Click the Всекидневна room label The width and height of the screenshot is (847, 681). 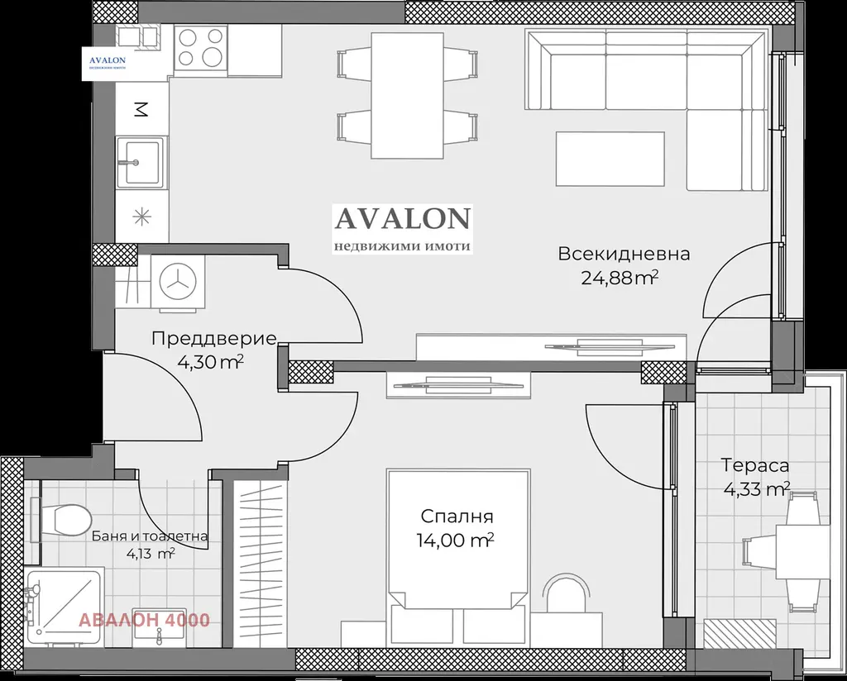click(x=624, y=254)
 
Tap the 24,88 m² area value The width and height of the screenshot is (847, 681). click(x=620, y=278)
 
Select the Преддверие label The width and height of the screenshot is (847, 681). click(x=214, y=339)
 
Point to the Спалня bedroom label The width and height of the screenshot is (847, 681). click(x=457, y=517)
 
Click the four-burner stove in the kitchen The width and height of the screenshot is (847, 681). click(x=201, y=47)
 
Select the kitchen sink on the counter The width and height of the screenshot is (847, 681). click(x=139, y=161)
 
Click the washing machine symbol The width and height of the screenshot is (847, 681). click(x=178, y=281)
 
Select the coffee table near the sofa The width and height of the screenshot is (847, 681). click(x=610, y=159)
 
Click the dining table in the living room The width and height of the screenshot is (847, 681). click(x=408, y=95)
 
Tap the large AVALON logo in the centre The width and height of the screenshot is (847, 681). click(x=403, y=229)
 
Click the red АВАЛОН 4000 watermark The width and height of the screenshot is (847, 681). click(x=144, y=620)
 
